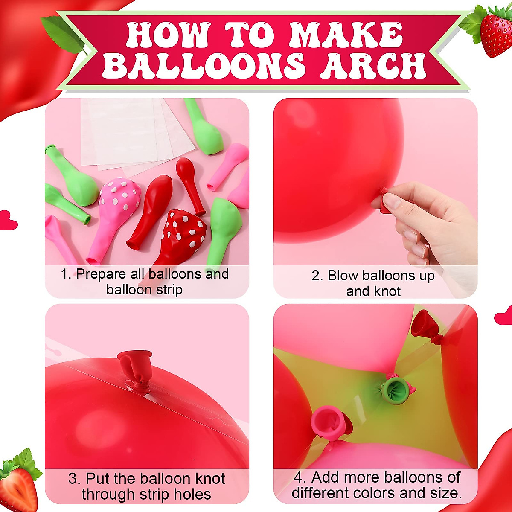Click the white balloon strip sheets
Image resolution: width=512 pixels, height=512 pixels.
(x=132, y=132)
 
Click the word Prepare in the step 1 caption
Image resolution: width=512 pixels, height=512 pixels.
(x=101, y=274)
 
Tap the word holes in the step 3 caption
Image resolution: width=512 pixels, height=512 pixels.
(x=192, y=494)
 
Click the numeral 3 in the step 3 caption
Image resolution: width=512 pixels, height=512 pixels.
(x=72, y=479)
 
